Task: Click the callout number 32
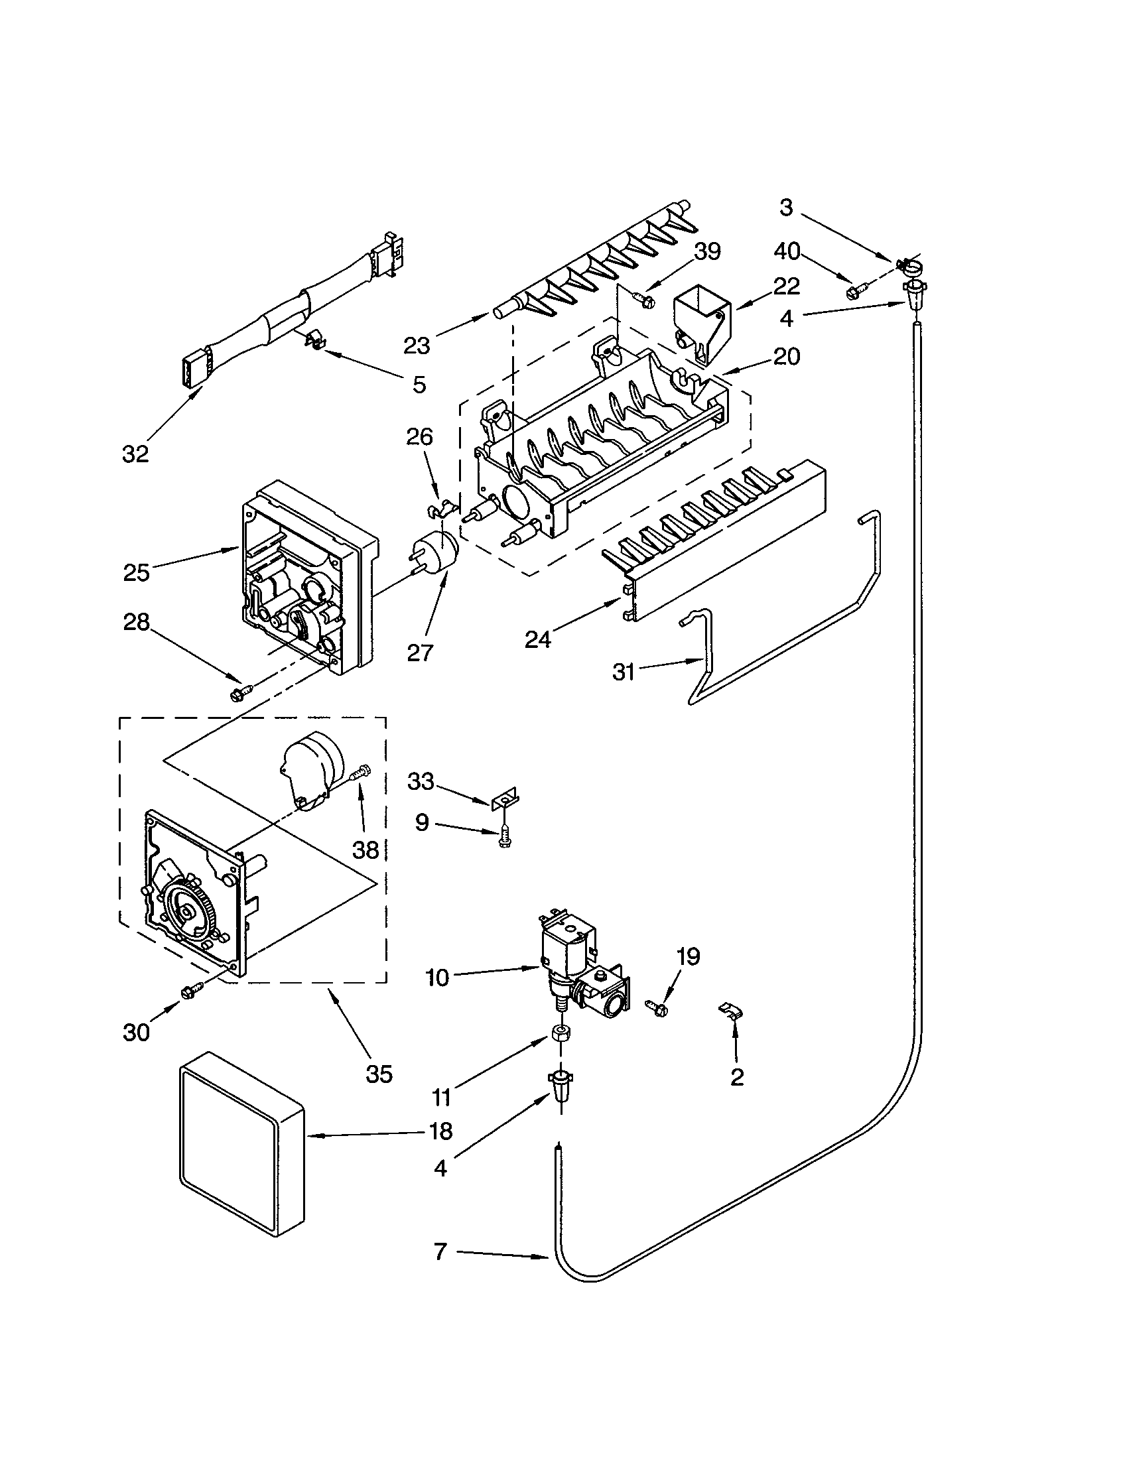pos(135,454)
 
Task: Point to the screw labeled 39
pos(645,297)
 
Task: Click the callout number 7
pos(440,1270)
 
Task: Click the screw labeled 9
pos(505,838)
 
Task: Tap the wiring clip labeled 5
pos(311,342)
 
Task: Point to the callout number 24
pos(538,639)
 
